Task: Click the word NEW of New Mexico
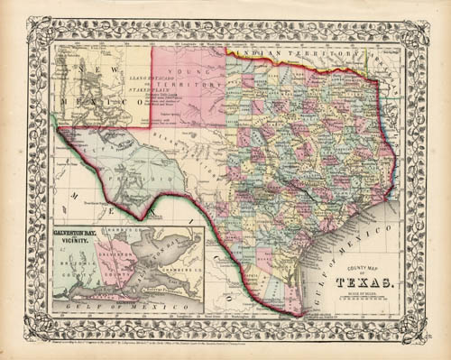tap(87, 69)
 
